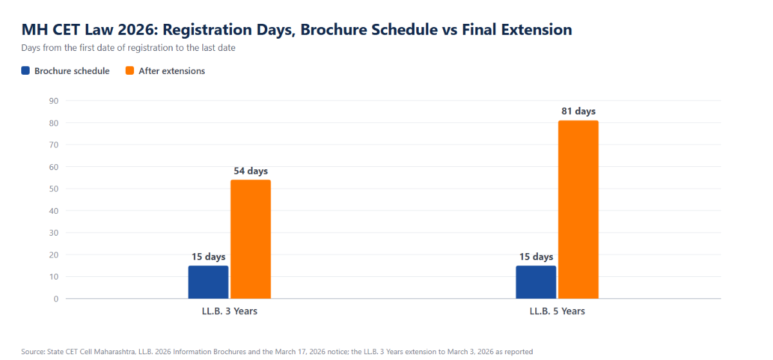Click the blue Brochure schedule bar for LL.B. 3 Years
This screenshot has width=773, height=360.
(208, 282)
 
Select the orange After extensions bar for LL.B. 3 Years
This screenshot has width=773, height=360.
(251, 239)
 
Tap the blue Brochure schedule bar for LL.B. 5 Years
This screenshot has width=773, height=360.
(536, 282)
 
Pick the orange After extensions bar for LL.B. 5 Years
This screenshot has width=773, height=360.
(578, 209)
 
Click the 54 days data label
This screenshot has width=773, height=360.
(251, 171)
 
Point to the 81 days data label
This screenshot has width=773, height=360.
(578, 111)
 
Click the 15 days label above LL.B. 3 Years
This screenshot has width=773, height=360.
(209, 257)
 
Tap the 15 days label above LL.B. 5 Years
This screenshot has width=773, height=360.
(536, 257)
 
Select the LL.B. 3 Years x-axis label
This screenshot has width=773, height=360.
(229, 311)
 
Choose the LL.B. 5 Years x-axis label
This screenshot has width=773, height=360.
(557, 311)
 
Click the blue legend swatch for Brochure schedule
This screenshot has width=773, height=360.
(26, 71)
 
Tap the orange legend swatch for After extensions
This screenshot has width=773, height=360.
(129, 71)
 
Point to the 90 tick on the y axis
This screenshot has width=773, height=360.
(54, 100)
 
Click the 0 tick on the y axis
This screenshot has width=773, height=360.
(56, 299)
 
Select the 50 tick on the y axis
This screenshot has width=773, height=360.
(54, 189)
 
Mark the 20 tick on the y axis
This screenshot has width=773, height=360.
(54, 255)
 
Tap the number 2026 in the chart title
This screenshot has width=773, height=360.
(136, 30)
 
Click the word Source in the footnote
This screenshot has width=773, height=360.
(33, 352)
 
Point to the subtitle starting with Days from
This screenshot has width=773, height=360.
(128, 48)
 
